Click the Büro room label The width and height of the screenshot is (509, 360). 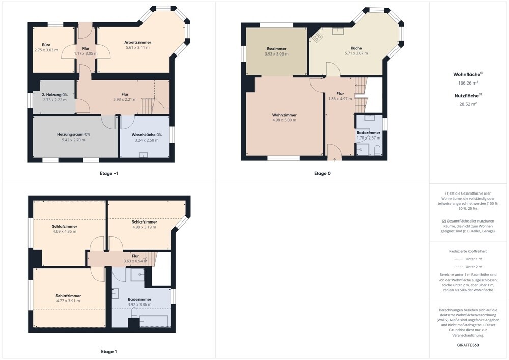point(46,45)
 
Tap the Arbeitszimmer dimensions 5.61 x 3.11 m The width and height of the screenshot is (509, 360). point(137,47)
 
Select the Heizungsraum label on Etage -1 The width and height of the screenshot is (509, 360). point(70,134)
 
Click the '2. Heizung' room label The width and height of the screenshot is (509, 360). point(51,95)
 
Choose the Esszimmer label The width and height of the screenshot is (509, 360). point(276,49)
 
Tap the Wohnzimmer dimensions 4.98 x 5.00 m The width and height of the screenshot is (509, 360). point(285,120)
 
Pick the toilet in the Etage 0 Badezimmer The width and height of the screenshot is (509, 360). point(377,150)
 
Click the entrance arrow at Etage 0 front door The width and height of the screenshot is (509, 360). point(334,159)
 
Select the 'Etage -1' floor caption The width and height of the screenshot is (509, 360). point(109,173)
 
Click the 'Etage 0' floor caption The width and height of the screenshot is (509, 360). point(322,173)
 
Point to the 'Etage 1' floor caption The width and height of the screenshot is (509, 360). point(109,351)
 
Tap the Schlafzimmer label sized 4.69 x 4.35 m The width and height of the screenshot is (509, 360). point(65,226)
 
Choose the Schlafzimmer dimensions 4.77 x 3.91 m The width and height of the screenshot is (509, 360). point(68,301)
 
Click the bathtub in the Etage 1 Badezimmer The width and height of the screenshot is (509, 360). point(154,321)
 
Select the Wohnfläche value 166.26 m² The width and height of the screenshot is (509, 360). point(468,83)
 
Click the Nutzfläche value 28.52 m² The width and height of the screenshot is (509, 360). point(468,104)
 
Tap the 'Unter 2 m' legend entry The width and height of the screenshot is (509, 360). point(473,267)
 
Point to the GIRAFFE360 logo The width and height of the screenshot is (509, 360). point(468,345)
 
